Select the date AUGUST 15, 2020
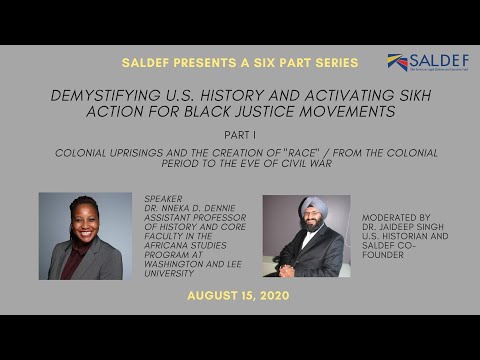239,297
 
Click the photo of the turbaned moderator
306,236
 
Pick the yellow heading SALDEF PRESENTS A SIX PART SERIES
239,63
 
